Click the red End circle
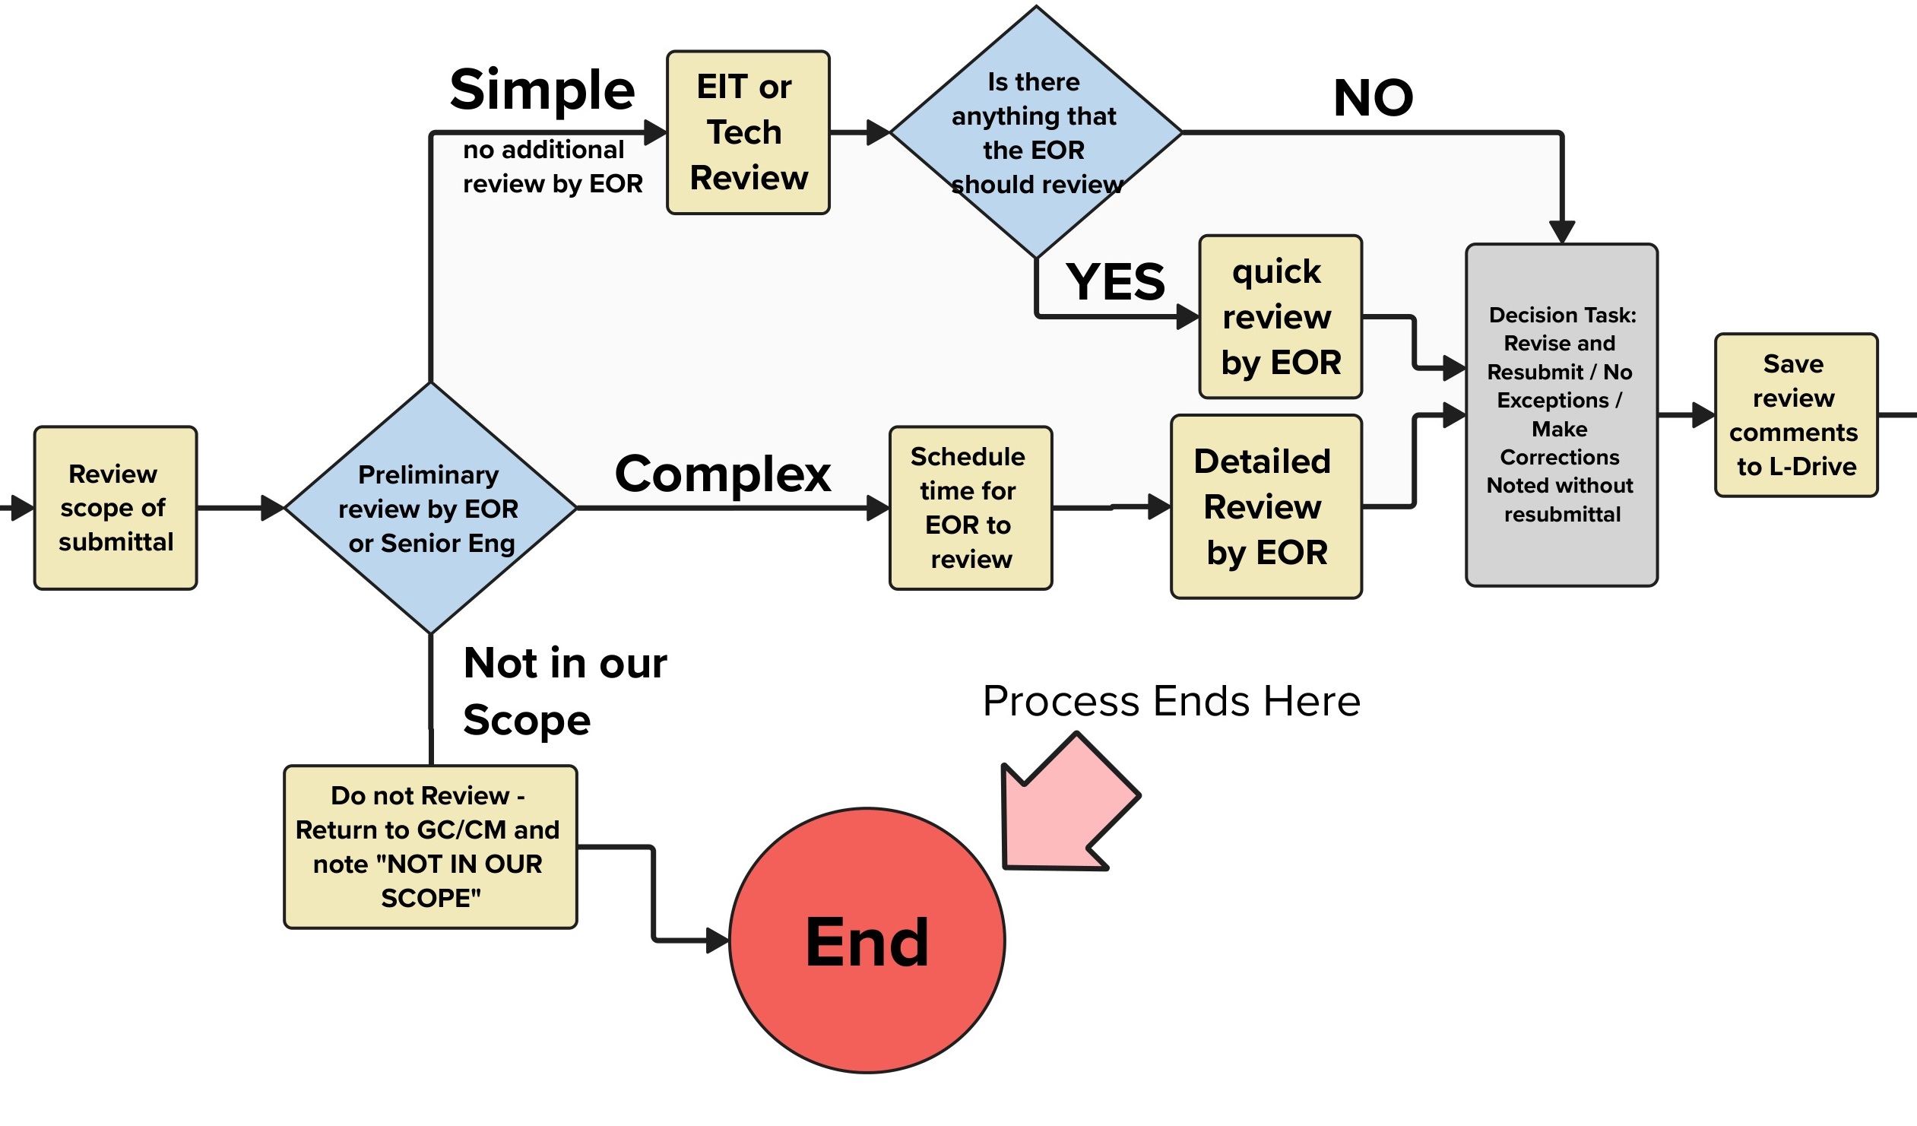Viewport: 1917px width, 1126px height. coord(867,940)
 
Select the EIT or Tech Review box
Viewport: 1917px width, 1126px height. coord(748,132)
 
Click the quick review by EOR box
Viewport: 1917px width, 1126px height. coord(1280,316)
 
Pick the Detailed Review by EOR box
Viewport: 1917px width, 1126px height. coord(1266,506)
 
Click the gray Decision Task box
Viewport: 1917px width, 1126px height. coord(1561,414)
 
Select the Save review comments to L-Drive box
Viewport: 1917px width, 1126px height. coord(1795,415)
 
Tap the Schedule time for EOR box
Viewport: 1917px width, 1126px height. coord(971,508)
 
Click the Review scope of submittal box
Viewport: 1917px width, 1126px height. coord(116,508)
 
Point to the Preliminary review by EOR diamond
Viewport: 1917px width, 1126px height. coord(430,508)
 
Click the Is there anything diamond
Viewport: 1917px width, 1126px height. coord(1035,132)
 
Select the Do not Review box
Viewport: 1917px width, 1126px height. coord(430,847)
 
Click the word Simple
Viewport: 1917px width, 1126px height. coord(542,90)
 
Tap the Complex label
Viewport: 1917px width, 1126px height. coord(722,474)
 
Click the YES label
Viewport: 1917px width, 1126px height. coord(1114,282)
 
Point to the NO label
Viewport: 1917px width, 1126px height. coord(1373,98)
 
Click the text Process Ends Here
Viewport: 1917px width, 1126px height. coord(1171,701)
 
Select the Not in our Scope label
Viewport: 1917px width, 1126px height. coord(565,690)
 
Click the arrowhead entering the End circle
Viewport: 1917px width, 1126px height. coord(718,940)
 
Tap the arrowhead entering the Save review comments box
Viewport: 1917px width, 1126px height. coord(1703,415)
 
